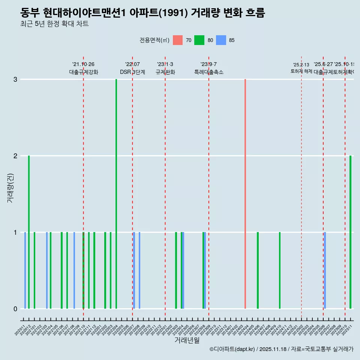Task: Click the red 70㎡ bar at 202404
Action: click(245, 194)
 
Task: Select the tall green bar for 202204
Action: click(116, 194)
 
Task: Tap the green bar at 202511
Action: click(351, 232)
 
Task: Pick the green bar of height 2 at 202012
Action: click(29, 232)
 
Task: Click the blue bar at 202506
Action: click(325, 270)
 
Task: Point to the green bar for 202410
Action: click(280, 270)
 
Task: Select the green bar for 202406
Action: click(258, 270)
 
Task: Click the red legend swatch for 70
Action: click(178, 40)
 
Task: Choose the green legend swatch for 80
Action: click(199, 40)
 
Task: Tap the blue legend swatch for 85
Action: click(221, 40)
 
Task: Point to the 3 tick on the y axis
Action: click(15, 79)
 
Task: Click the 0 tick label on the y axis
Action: click(15, 309)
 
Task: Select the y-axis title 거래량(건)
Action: click(10, 188)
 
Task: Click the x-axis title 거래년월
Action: click(187, 340)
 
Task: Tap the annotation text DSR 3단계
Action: click(132, 72)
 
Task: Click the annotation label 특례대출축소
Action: click(208, 72)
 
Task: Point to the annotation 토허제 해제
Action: click(301, 71)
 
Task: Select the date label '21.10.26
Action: click(83, 64)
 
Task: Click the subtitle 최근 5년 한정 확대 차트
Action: click(54, 24)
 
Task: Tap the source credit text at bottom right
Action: click(281, 349)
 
